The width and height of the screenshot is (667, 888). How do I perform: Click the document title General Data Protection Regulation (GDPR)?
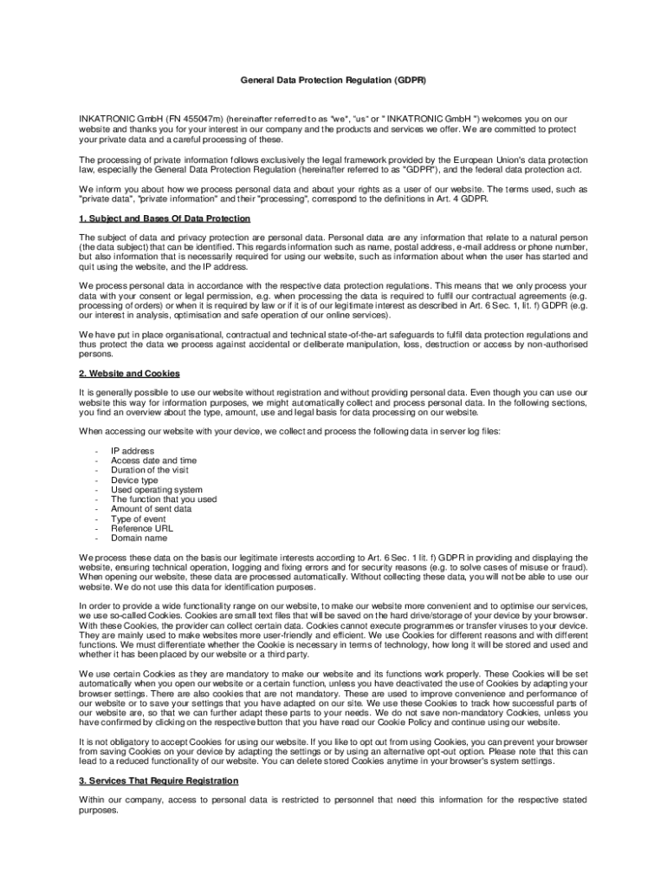[333, 81]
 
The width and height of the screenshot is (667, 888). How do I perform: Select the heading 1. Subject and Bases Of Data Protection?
[165, 219]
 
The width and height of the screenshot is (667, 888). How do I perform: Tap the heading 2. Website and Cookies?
[129, 373]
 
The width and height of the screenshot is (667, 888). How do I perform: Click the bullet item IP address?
[133, 451]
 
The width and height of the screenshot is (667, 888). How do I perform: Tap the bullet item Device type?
[134, 480]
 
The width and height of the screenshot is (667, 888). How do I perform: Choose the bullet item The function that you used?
[164, 499]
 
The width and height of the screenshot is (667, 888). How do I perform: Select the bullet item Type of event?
[139, 518]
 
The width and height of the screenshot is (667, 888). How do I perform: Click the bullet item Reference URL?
[142, 527]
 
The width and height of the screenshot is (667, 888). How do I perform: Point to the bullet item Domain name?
[139, 538]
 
